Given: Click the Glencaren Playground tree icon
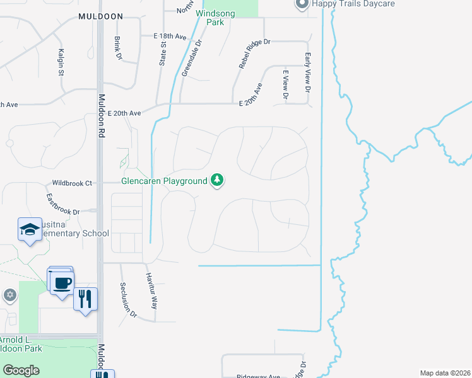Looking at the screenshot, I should click(x=217, y=181).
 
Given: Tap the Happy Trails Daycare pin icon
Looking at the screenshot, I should click(x=302, y=4).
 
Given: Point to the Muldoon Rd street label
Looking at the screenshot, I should click(x=102, y=116).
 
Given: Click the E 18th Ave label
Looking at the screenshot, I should click(x=170, y=37).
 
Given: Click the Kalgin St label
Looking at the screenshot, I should click(x=61, y=61).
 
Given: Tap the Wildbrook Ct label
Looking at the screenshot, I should click(x=72, y=183).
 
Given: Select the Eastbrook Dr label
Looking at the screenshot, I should click(x=63, y=204).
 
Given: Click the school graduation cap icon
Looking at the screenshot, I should click(x=30, y=231).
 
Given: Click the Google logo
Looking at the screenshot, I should click(x=21, y=370).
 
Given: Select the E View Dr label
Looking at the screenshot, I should click(x=285, y=85).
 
